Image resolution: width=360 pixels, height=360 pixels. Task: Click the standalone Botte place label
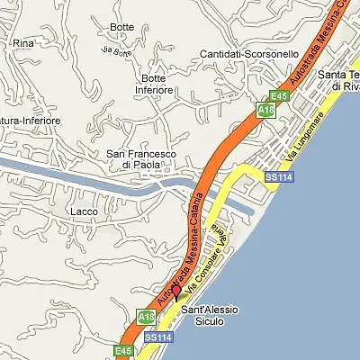coord(121,26)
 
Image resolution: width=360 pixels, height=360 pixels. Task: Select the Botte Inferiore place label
coord(154,85)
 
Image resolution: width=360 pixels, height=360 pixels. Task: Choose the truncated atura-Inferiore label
coord(30,120)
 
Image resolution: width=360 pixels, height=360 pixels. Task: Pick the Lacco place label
coord(81,212)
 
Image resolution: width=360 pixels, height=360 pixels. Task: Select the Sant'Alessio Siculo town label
coord(210,315)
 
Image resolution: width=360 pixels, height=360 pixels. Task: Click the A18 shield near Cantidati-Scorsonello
coord(264,110)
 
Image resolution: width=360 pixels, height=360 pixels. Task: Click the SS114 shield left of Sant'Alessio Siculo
coord(157,337)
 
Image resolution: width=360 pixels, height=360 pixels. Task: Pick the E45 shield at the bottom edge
coord(123,349)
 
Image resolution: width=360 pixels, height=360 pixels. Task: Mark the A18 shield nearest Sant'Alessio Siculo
coord(145,316)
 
